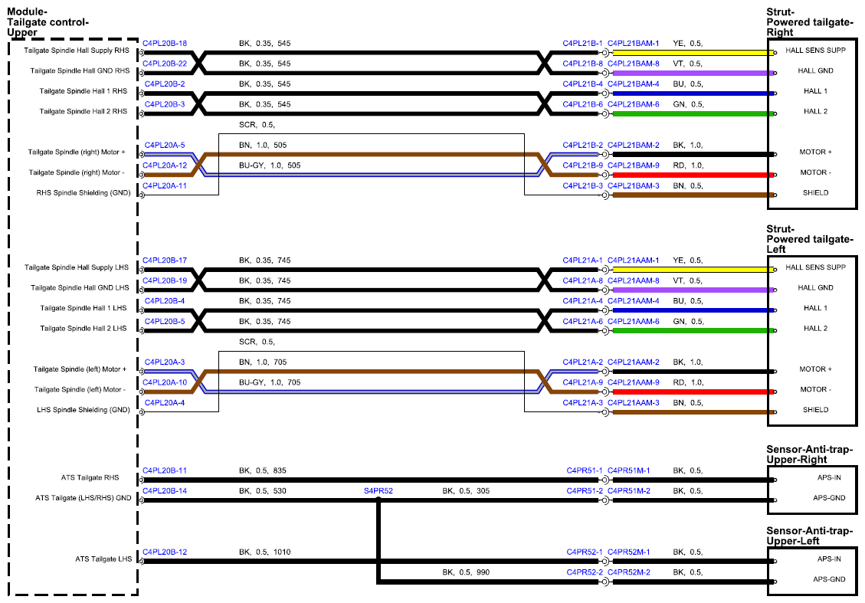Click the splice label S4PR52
[x=378, y=490]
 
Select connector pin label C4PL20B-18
[x=165, y=43]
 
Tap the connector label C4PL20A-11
[x=165, y=185]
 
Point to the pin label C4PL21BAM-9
[x=634, y=165]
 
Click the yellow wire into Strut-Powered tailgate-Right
[x=693, y=53]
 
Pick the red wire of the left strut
[x=693, y=392]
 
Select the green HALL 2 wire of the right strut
[x=693, y=113]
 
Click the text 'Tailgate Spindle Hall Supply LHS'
[x=76, y=267]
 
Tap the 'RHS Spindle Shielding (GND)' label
[x=84, y=192]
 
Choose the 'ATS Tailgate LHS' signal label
[x=103, y=559]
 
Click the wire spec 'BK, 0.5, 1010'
[x=265, y=552]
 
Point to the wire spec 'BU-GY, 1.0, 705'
[x=270, y=382]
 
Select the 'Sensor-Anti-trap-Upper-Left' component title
[x=809, y=536]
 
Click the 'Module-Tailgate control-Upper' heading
[x=48, y=22]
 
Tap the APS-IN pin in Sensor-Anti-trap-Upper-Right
[x=829, y=477]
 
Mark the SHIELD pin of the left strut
[x=815, y=409]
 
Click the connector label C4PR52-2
[x=585, y=572]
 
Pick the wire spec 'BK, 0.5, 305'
[x=466, y=490]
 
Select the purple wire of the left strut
[x=693, y=290]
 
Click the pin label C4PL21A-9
[x=582, y=382]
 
